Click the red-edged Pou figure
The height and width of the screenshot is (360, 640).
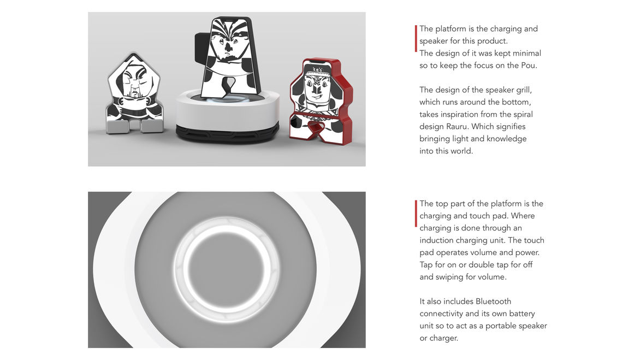(321, 102)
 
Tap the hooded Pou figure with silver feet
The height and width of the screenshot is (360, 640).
(134, 94)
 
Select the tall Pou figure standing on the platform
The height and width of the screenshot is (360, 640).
(230, 57)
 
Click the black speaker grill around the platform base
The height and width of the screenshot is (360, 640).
(227, 133)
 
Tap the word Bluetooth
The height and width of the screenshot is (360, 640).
(494, 301)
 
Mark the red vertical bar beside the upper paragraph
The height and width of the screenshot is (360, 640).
(416, 39)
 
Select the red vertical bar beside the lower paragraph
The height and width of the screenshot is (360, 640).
(416, 214)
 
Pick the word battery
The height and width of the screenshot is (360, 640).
(522, 314)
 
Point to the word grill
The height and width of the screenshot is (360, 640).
(523, 90)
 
